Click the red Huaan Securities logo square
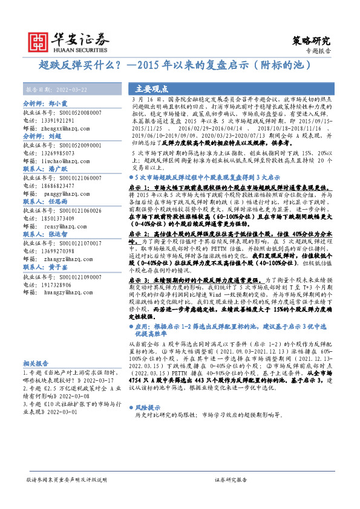39,39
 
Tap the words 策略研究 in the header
312,41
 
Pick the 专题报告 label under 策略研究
319,52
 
